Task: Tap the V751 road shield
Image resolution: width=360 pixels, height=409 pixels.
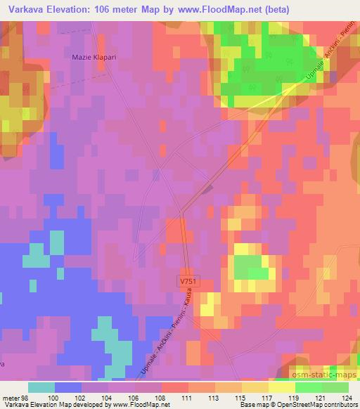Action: (x=186, y=279)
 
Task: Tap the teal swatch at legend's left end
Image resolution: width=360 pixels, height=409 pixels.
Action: (x=41, y=387)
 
